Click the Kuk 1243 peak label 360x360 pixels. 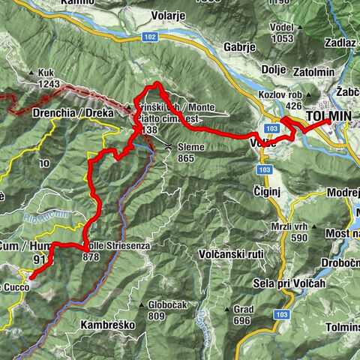coord(45,77)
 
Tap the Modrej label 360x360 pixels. coord(343,192)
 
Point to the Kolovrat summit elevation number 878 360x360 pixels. coord(91,256)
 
